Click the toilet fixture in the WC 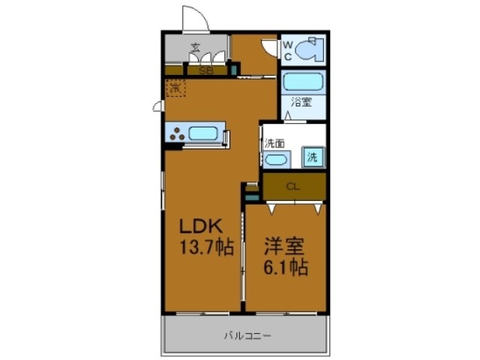click(308, 50)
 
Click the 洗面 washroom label click(273, 142)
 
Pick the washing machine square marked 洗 click(313, 157)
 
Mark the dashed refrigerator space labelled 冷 click(175, 88)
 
